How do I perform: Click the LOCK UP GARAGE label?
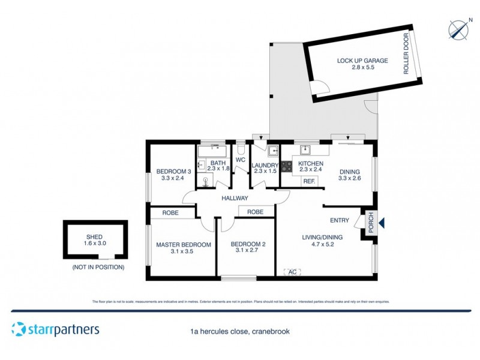pyautogui.click(x=362, y=61)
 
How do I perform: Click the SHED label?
pyautogui.click(x=96, y=237)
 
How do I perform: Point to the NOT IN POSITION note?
pyautogui.click(x=98, y=266)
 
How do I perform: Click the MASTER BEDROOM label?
pyautogui.click(x=184, y=245)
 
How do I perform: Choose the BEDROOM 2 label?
pyautogui.click(x=247, y=244)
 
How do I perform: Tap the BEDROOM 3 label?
pyautogui.click(x=173, y=172)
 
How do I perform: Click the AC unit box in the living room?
pyautogui.click(x=292, y=272)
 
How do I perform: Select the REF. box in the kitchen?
pyautogui.click(x=309, y=181)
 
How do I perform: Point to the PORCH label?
pyautogui.click(x=371, y=221)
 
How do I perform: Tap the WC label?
pyautogui.click(x=241, y=160)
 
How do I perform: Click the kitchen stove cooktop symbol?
pyautogui.click(x=286, y=164)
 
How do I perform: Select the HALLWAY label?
pyautogui.click(x=235, y=198)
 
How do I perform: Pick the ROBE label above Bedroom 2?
pyautogui.click(x=255, y=212)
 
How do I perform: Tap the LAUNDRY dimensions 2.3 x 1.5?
pyautogui.click(x=265, y=172)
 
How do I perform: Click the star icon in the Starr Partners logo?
pyautogui.click(x=19, y=329)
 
